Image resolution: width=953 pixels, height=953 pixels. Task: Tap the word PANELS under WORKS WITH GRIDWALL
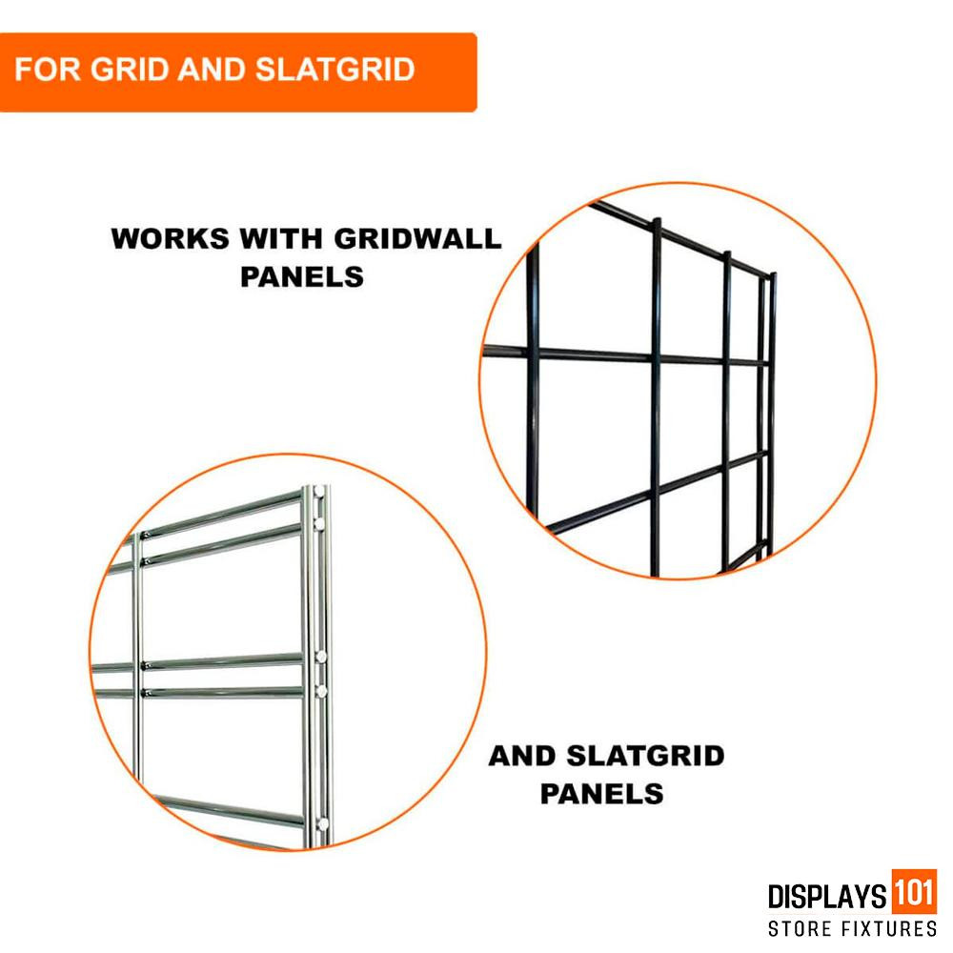(x=302, y=276)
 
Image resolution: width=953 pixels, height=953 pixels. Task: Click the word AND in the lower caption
(x=523, y=757)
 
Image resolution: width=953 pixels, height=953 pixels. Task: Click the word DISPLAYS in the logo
(x=825, y=897)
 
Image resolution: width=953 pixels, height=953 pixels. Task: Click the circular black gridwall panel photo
(x=677, y=381)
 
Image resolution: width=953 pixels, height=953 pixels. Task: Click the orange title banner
(x=237, y=71)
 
